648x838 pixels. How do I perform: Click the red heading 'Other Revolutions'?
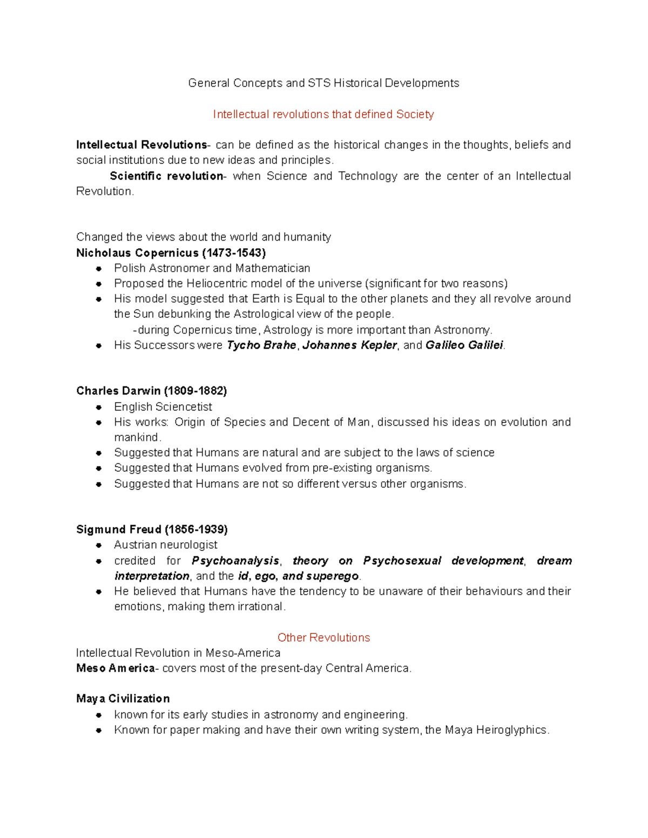pos(323,637)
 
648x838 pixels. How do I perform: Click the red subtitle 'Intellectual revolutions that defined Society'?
pos(323,114)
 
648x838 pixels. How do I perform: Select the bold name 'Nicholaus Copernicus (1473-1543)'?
pos(171,253)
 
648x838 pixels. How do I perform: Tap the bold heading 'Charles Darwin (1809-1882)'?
pos(151,391)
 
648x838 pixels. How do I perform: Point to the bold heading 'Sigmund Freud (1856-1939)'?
pos(152,529)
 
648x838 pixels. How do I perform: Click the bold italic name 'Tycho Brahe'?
pos(261,345)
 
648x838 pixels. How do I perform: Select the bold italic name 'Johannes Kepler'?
pos(349,345)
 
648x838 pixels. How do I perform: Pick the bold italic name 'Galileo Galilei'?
pos(464,345)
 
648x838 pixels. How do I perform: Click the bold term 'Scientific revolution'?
pos(166,176)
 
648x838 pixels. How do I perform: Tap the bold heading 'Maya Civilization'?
pos(123,699)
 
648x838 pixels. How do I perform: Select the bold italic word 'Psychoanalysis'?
pos(235,561)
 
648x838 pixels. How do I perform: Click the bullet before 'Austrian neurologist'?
pos(99,546)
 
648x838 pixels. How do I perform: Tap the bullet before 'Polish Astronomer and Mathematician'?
pos(99,269)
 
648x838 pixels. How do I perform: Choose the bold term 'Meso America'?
pos(116,668)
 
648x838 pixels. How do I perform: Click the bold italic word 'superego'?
pos(332,576)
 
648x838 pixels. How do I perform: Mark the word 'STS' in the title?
pos(319,83)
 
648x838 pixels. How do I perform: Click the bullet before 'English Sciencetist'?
pos(99,407)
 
